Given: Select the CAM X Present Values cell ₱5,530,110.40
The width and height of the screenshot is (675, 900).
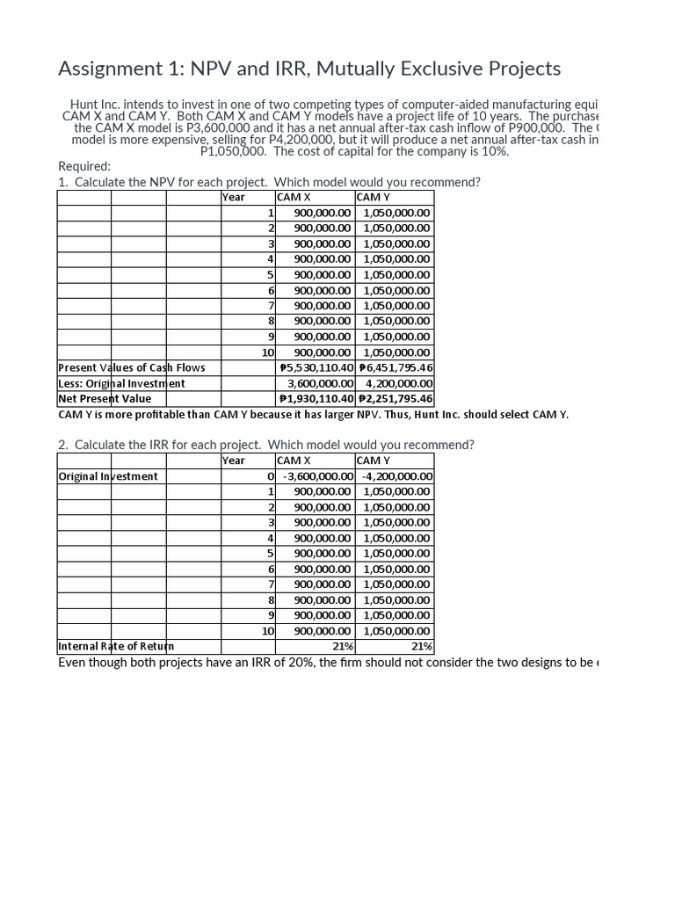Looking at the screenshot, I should tap(316, 367).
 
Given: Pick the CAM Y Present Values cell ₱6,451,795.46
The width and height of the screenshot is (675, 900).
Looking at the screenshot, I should tap(396, 367).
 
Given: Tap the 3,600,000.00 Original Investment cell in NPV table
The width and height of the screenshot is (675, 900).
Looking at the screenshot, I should tap(321, 383).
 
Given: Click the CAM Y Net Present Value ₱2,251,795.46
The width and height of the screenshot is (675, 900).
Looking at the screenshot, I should tap(396, 398).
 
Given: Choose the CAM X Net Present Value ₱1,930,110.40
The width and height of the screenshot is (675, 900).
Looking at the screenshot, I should tap(316, 398).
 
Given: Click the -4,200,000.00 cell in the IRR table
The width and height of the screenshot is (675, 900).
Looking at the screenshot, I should tap(396, 476).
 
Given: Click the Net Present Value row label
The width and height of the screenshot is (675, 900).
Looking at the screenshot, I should tap(105, 398).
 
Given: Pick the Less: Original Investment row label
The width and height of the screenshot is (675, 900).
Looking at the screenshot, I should tap(121, 383).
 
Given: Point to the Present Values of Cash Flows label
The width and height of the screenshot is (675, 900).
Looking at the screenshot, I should tap(132, 367).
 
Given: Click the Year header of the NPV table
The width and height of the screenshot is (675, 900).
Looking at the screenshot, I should tap(234, 198).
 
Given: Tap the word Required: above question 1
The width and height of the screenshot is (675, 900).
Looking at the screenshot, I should tap(84, 166).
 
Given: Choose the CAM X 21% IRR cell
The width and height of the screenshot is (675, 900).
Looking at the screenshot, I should tap(343, 646).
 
